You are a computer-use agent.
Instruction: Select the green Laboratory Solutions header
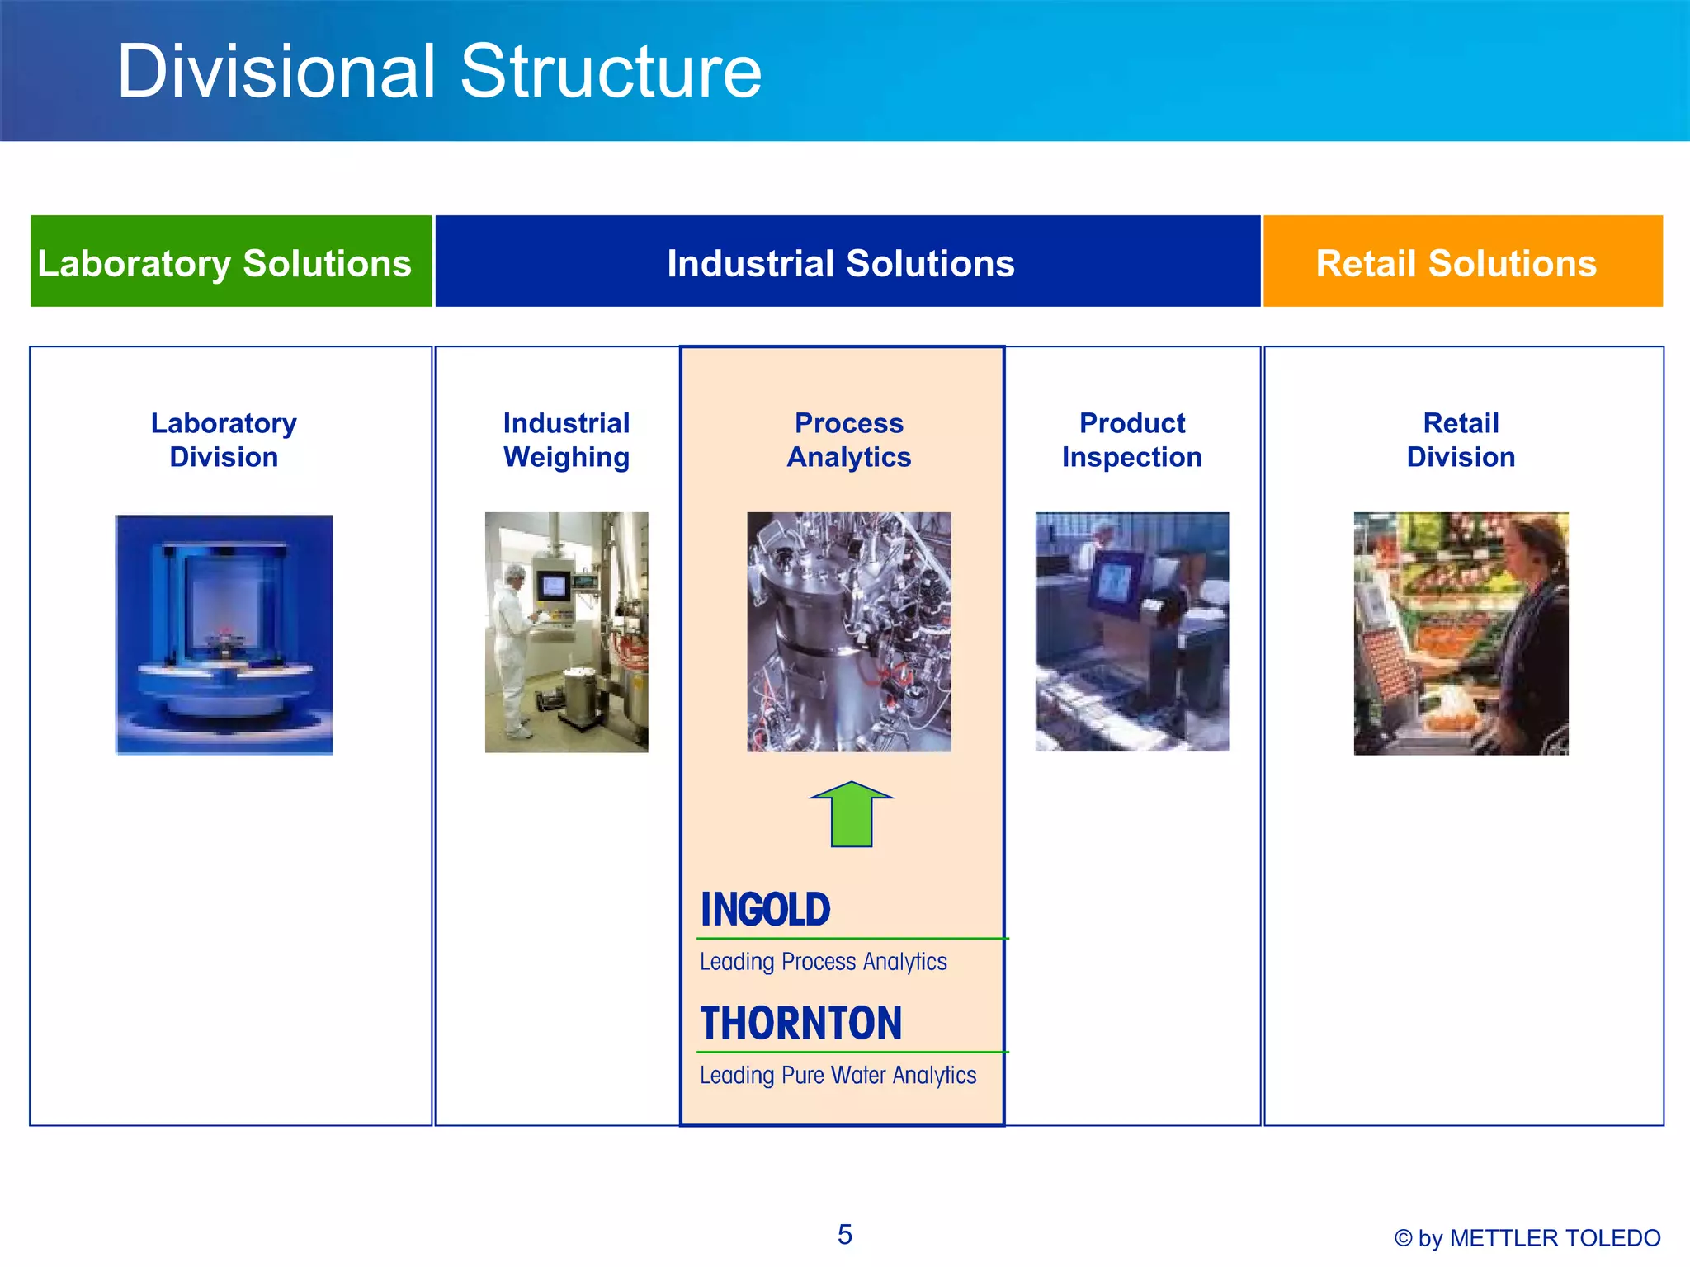(224, 263)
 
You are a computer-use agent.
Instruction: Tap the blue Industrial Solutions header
(840, 263)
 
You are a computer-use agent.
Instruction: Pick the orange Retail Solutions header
(1456, 263)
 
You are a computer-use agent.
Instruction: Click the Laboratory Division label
(224, 440)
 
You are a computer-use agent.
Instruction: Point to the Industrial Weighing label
(566, 440)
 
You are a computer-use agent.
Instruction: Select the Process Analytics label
(849, 440)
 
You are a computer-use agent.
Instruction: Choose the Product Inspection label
(1131, 440)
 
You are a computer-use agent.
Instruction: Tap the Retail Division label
(1461, 440)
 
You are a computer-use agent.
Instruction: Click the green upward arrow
(851, 817)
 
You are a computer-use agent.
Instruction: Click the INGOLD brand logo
(765, 910)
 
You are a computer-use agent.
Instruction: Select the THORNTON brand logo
(800, 1023)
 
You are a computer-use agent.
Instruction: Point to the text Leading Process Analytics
(823, 962)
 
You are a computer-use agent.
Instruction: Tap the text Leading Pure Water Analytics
(838, 1076)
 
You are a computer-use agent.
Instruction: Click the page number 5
(844, 1234)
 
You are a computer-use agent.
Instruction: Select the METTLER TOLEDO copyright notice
(1527, 1238)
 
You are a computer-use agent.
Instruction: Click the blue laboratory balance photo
(224, 633)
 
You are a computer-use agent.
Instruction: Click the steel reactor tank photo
(848, 632)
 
